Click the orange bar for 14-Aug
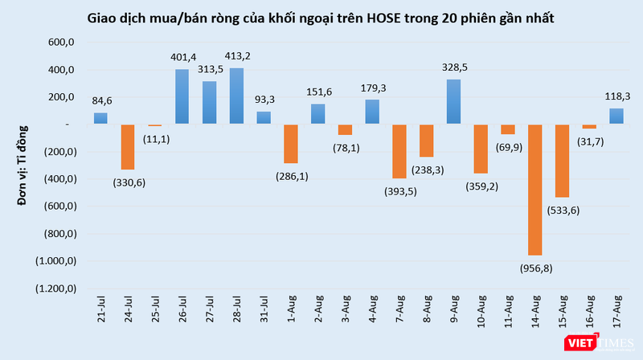[x=534, y=189]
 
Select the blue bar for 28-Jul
[x=236, y=96]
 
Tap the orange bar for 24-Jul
[x=128, y=146]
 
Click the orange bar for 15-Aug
[x=562, y=160]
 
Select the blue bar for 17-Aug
[x=616, y=116]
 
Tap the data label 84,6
[x=100, y=101]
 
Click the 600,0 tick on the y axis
[x=61, y=43]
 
